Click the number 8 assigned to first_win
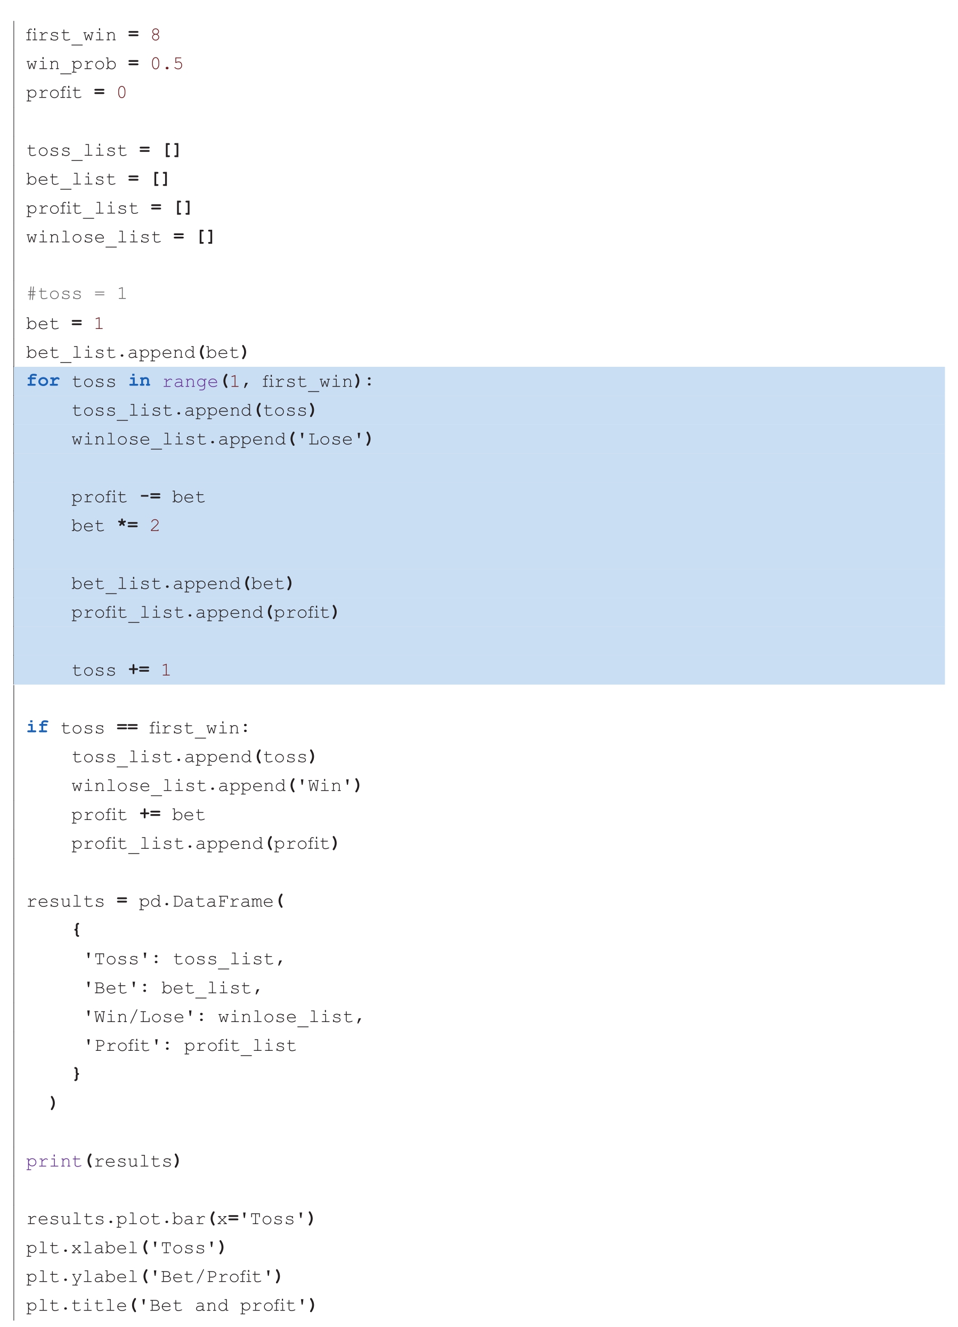point(155,35)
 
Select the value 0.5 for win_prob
point(167,64)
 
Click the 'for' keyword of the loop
point(43,381)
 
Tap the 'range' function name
point(190,382)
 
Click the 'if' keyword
point(37,727)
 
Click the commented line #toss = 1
point(77,294)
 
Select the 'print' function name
point(54,1161)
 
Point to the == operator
point(127,727)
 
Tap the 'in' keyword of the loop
point(140,381)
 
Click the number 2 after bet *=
point(155,526)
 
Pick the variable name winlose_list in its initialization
point(94,237)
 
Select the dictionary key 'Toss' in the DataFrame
point(117,959)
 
